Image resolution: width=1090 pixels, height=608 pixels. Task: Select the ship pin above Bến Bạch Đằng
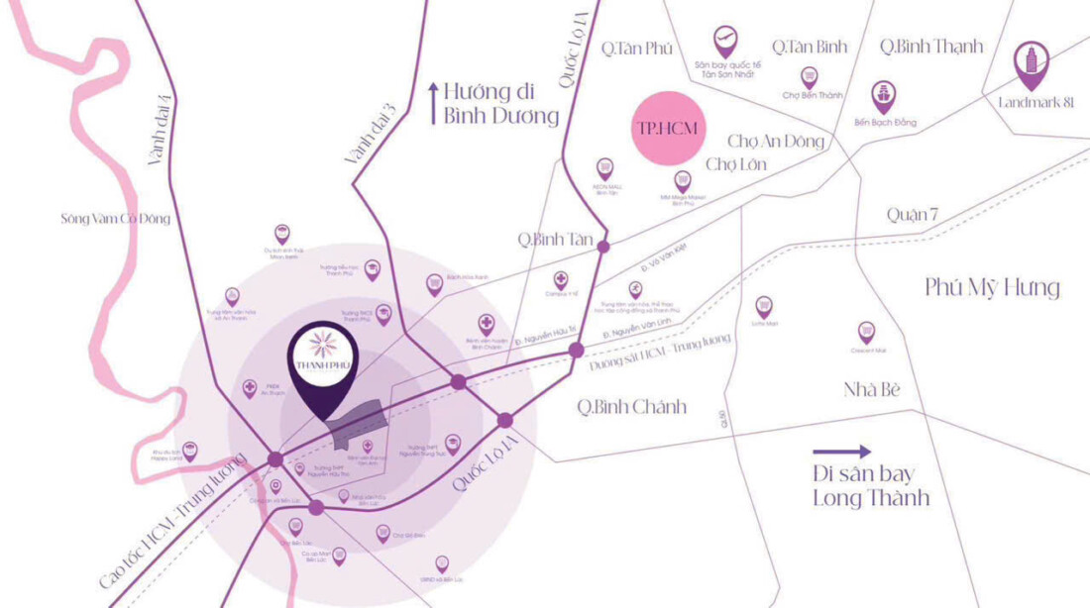pos(884,96)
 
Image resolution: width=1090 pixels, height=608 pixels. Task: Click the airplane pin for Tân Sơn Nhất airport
pos(726,42)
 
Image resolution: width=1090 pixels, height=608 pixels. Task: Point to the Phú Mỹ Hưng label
pos(992,288)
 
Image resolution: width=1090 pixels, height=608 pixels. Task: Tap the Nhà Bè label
pos(872,389)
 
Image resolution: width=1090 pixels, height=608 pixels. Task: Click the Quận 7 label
pos(913,215)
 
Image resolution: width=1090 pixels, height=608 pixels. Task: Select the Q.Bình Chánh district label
pos(632,407)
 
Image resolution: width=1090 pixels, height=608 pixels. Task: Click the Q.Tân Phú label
pos(637,48)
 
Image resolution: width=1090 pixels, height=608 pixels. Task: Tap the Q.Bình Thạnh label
pos(931,47)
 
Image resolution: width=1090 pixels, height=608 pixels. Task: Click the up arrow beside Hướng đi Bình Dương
pos(432,103)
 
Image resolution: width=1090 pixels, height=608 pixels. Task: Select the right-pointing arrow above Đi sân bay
pos(841,452)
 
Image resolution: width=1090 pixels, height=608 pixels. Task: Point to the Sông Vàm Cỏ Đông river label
pos(115,218)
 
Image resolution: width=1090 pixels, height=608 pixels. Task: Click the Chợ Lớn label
pos(735,164)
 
